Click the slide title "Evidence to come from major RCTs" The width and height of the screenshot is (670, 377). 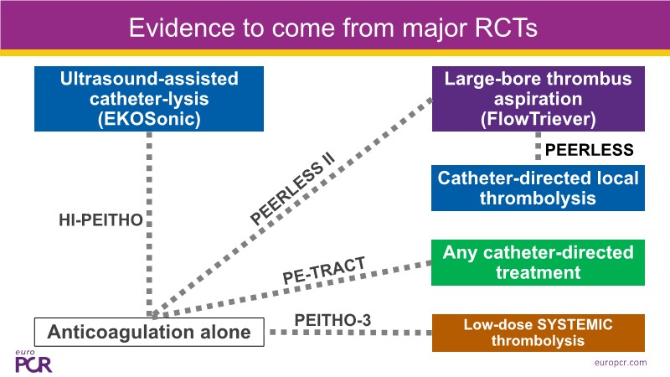(333, 28)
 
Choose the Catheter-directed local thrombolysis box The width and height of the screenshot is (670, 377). (538, 188)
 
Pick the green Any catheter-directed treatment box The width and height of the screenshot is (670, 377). (538, 262)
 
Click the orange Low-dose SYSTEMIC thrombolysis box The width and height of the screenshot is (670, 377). (538, 333)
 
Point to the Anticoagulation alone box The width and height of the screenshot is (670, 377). (149, 332)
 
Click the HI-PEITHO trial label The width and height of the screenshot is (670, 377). (94, 220)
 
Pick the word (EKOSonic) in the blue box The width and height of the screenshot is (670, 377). (149, 119)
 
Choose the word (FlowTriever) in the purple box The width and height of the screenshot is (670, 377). (538, 119)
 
